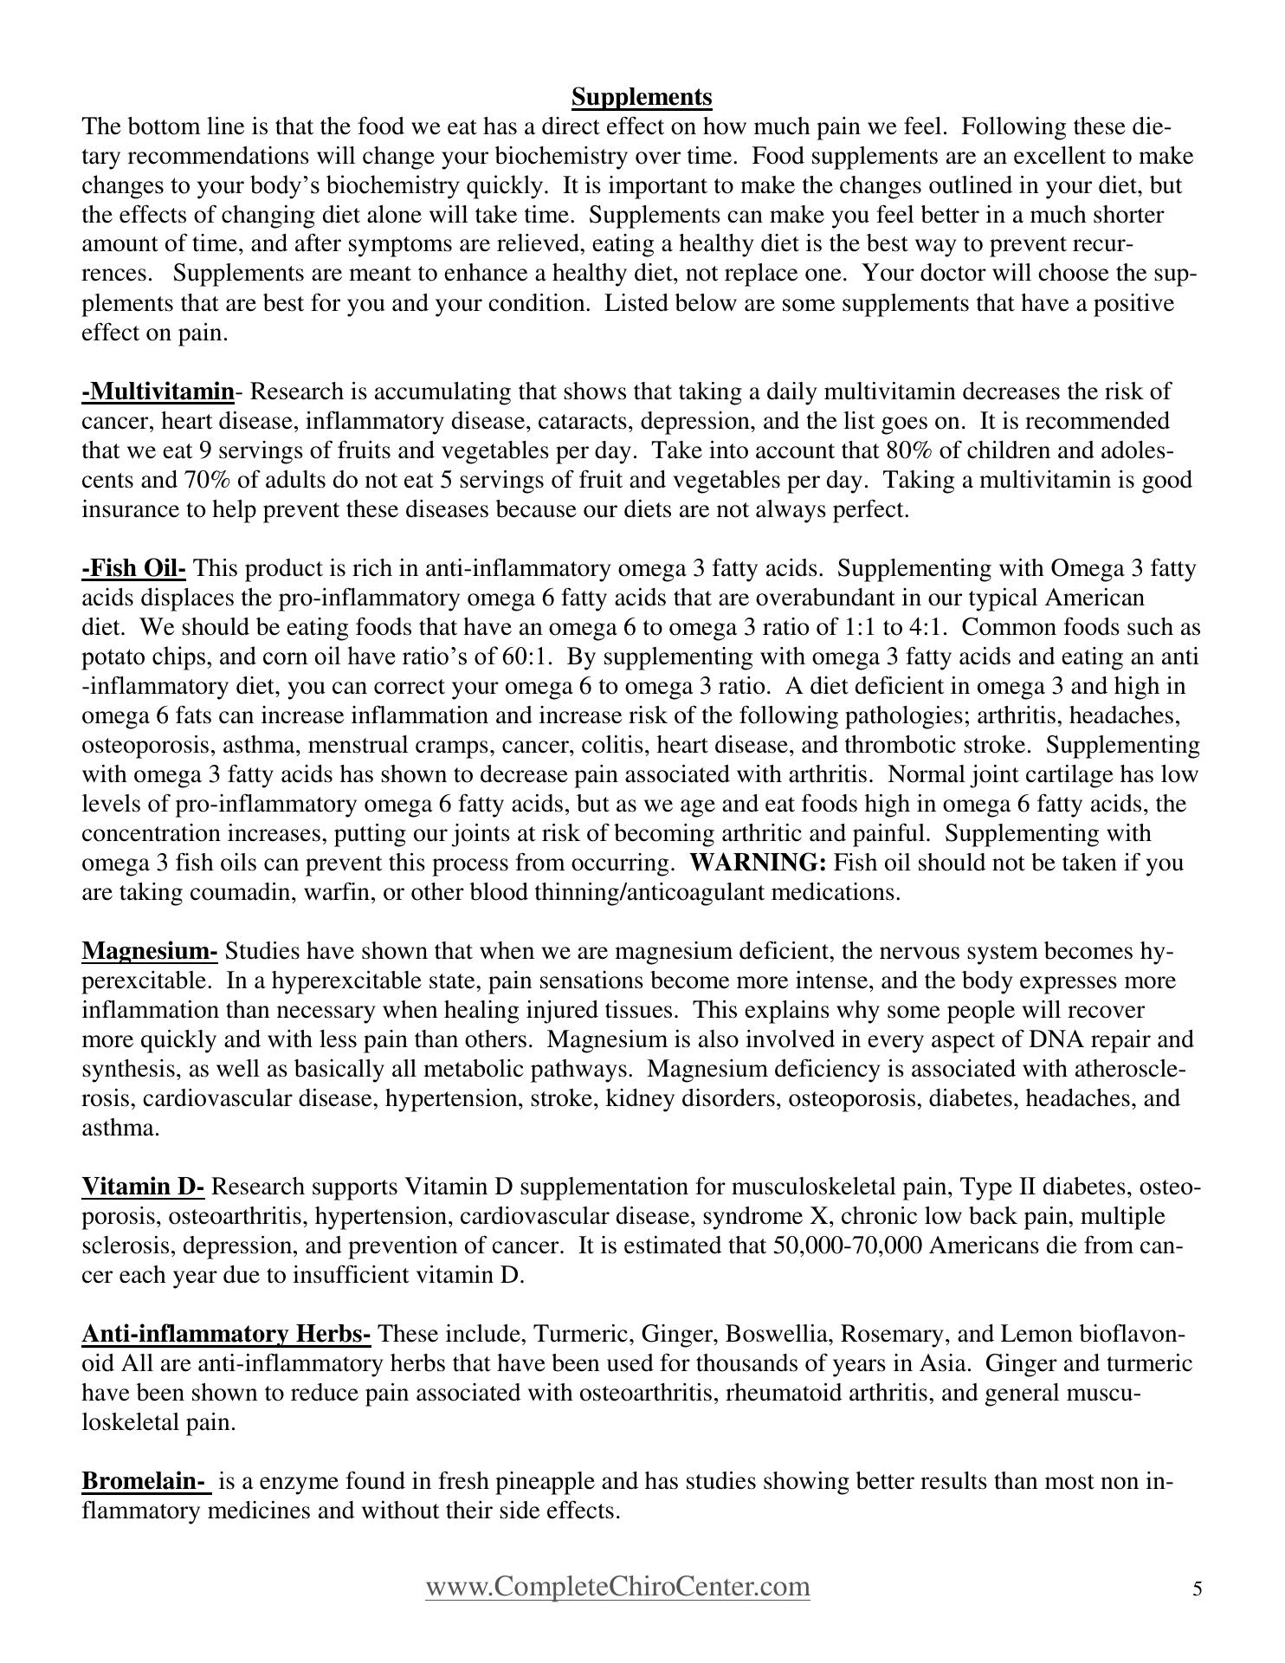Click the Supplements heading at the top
(642, 96)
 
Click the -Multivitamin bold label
(158, 391)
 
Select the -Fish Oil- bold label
(133, 568)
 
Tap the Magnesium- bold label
(149, 951)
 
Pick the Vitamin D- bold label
(143, 1187)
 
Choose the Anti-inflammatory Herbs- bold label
(226, 1334)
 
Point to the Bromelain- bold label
(146, 1481)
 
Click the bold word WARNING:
(759, 863)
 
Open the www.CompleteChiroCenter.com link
(617, 1587)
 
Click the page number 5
(1198, 1589)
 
